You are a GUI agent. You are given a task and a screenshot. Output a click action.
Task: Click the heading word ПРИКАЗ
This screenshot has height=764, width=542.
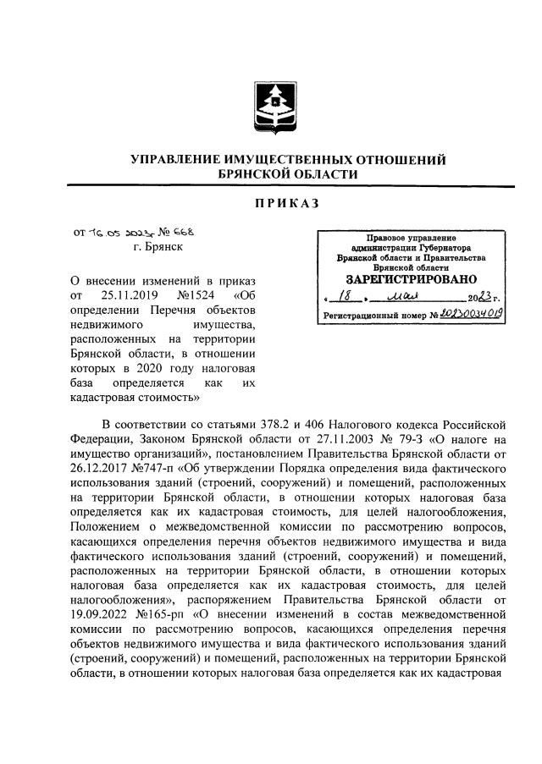[x=271, y=203]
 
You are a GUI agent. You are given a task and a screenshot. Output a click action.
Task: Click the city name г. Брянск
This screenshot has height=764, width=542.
[x=157, y=247]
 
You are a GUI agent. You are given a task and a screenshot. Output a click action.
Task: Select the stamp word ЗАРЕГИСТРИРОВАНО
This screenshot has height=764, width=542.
[x=411, y=278]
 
